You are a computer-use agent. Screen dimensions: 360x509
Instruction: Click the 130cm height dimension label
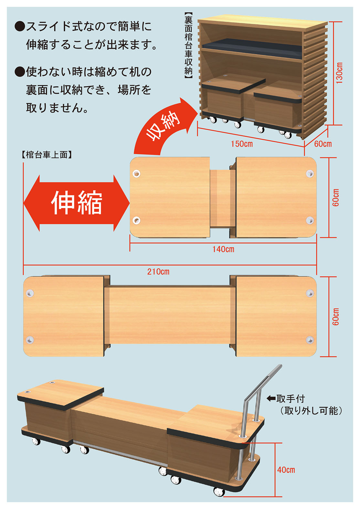pyautogui.click(x=339, y=73)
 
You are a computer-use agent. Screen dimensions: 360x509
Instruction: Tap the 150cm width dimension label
pyautogui.click(x=242, y=144)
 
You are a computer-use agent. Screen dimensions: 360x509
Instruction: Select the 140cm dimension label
pyautogui.click(x=223, y=249)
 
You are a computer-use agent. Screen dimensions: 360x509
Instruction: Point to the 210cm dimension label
pyautogui.click(x=158, y=271)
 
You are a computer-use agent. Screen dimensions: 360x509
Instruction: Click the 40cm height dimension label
pyautogui.click(x=286, y=470)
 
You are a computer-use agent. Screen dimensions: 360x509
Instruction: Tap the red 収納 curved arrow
pyautogui.click(x=164, y=127)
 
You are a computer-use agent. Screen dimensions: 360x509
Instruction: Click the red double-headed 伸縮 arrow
pyautogui.click(x=77, y=203)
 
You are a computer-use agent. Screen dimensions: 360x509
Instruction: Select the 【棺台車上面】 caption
pyautogui.click(x=47, y=155)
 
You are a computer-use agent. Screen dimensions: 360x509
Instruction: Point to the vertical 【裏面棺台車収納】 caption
pyautogui.click(x=188, y=47)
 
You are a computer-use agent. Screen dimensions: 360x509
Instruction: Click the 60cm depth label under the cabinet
pyautogui.click(x=323, y=144)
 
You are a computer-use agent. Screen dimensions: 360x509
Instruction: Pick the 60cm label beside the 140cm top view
pyautogui.click(x=336, y=197)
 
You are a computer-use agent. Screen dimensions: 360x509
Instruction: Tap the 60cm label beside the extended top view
pyautogui.click(x=336, y=316)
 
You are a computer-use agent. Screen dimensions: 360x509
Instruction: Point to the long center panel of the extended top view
pyautogui.click(x=170, y=315)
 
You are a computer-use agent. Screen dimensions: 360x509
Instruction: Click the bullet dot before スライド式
pyautogui.click(x=19, y=27)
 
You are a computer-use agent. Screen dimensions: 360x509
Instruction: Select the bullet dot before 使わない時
pyautogui.click(x=19, y=72)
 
